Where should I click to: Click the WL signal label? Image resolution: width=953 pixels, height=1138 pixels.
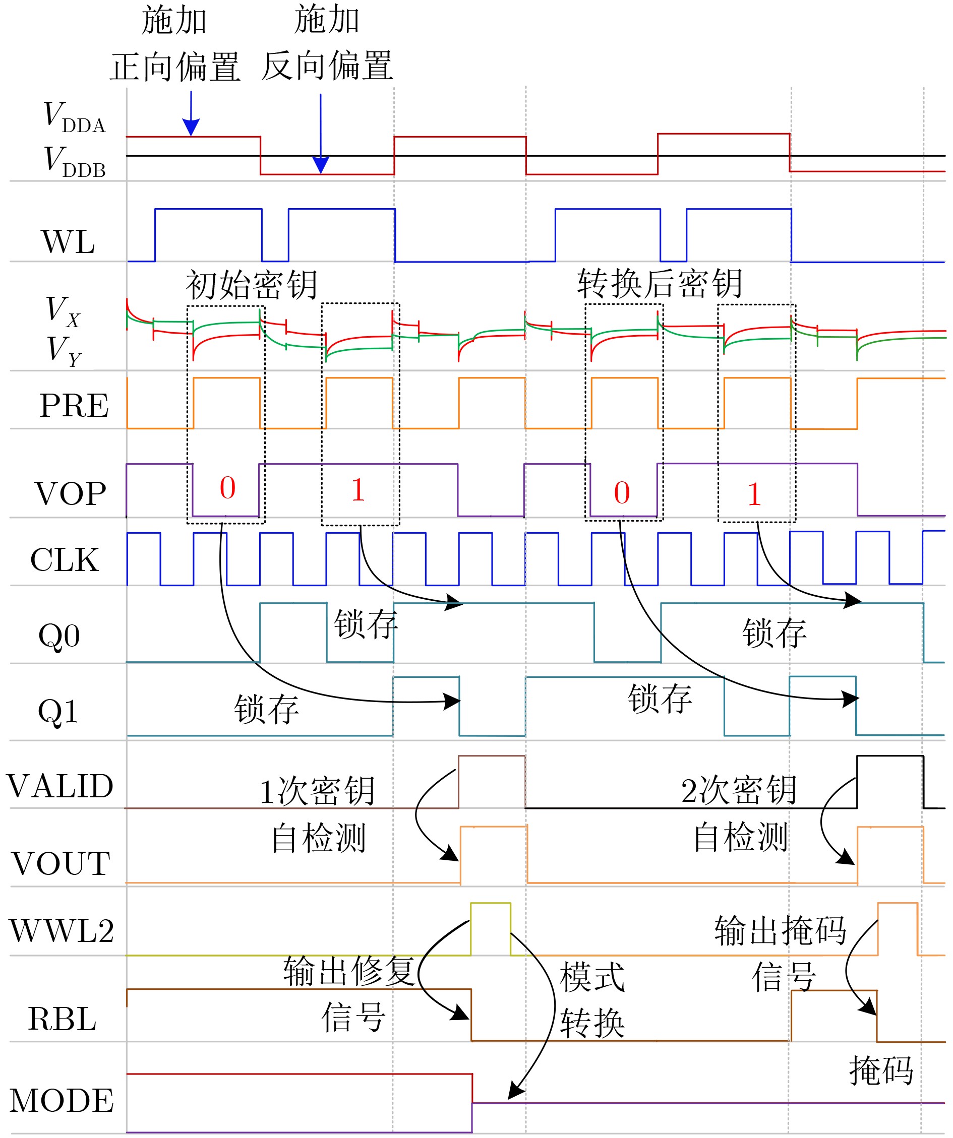[68, 242]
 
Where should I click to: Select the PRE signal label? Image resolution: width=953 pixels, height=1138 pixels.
[74, 406]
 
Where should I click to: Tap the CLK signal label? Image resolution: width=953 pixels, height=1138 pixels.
[65, 560]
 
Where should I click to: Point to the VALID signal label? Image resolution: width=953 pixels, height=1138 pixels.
[59, 787]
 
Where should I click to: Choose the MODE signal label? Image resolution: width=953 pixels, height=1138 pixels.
[62, 1101]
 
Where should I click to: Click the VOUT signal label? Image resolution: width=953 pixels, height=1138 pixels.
[61, 864]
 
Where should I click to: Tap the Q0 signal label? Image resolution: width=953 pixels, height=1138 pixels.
[59, 636]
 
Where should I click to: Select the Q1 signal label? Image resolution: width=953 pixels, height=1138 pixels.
[58, 712]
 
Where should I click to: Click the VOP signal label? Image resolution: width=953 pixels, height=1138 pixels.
[71, 494]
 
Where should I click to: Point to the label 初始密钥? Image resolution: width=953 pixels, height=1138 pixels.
[252, 285]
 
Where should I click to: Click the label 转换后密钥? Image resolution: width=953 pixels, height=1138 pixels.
[660, 283]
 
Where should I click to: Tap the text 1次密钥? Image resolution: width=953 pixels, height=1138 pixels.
[317, 792]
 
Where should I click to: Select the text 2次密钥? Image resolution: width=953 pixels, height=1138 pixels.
[739, 791]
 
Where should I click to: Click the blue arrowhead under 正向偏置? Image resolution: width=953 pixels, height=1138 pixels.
[191, 127]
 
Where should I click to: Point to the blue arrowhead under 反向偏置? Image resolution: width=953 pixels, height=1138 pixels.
[321, 165]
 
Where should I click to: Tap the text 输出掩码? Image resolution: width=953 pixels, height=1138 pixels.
[781, 931]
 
